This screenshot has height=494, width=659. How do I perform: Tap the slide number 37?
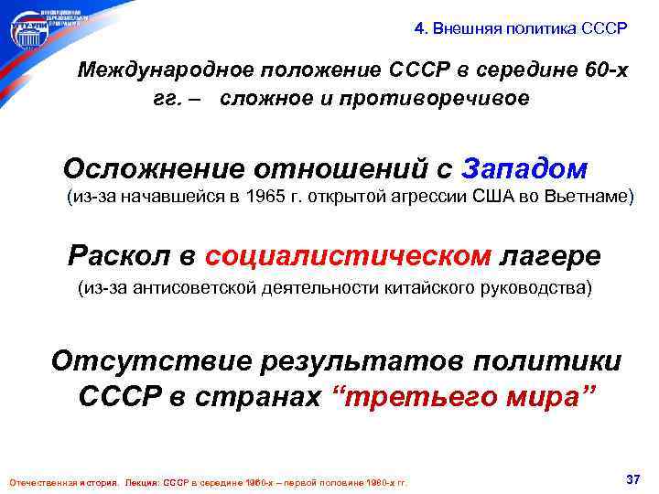(632, 480)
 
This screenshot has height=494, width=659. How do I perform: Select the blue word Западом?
(525, 169)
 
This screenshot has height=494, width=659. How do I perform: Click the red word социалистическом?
(348, 255)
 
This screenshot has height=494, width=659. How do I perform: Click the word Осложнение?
(160, 169)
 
